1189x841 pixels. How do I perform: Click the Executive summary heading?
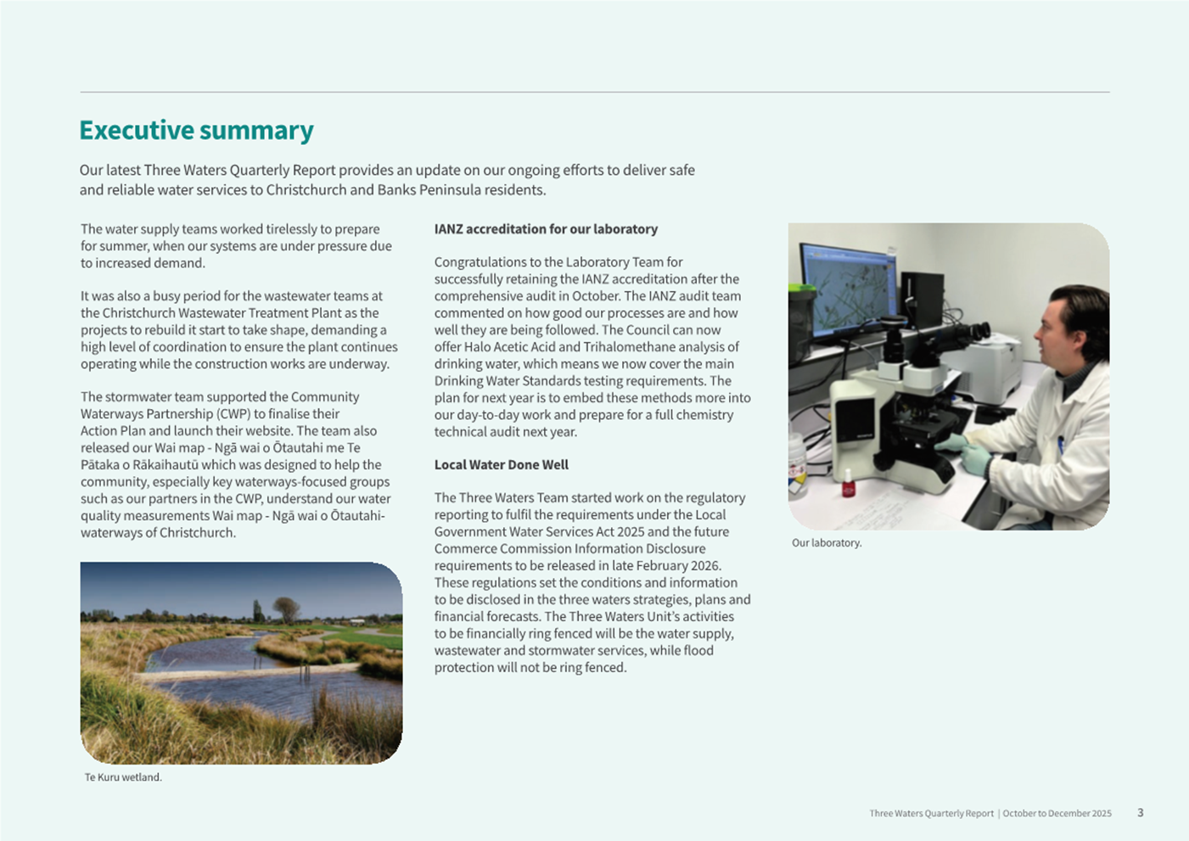[x=196, y=130]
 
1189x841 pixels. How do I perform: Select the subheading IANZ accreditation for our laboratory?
[x=546, y=229]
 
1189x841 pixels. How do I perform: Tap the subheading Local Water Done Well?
[x=502, y=465]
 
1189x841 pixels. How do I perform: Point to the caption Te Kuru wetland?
[x=123, y=777]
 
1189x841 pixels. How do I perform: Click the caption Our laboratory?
[x=827, y=543]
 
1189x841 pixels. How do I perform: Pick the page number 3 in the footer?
[x=1140, y=812]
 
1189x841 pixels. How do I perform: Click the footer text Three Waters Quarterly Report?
[x=931, y=813]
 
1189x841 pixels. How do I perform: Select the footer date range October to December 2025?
[x=1057, y=813]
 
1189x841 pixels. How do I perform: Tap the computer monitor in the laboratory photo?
[x=849, y=289]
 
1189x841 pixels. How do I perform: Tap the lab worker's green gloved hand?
[x=976, y=458]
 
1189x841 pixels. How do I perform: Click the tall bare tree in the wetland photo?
[x=287, y=609]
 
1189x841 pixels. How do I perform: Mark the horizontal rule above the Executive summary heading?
[x=594, y=92]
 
